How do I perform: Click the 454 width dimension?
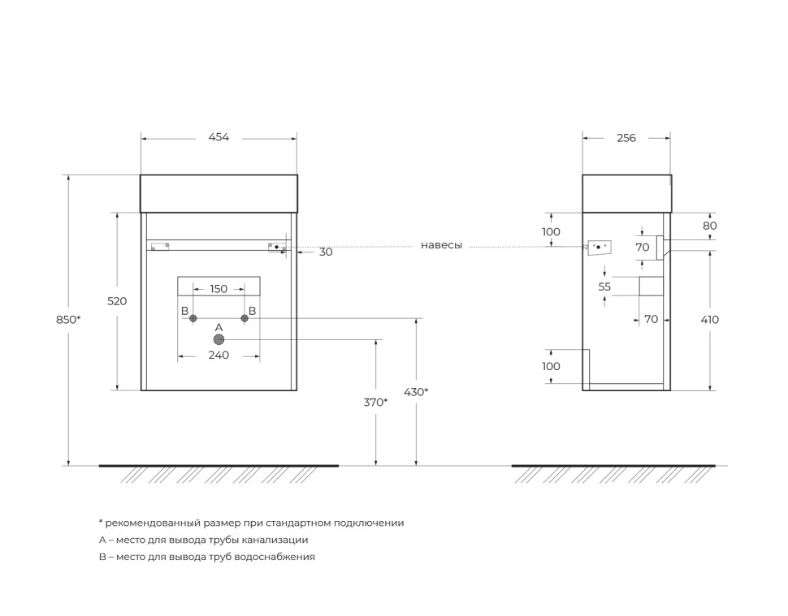219,137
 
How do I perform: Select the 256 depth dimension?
626,138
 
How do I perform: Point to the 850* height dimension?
68,320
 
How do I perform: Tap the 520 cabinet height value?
117,301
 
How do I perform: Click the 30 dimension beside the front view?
325,252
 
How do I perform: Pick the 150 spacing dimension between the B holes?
219,289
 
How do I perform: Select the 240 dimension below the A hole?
219,355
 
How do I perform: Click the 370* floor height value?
375,402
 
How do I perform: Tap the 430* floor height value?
416,392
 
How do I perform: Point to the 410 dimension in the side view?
709,320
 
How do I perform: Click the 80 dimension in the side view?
709,226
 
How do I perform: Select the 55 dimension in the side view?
604,286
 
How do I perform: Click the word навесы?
441,245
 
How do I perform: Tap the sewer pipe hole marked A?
219,340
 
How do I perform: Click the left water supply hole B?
193,319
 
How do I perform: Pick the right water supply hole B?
244,319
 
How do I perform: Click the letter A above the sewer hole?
219,327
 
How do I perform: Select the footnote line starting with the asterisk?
251,523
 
